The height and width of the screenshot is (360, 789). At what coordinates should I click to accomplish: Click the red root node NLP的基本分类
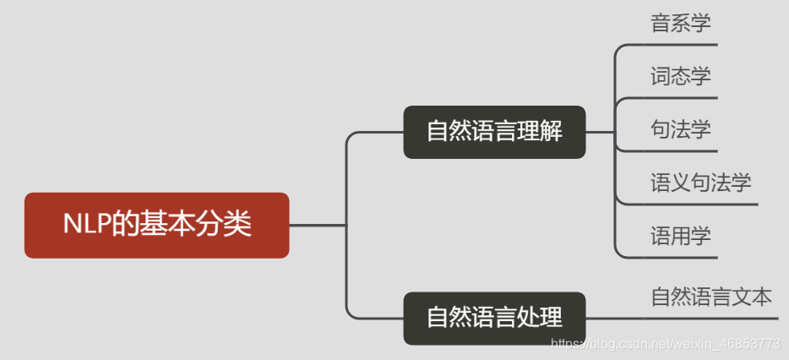click(x=157, y=225)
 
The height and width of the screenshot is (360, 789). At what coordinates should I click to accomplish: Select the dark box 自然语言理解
click(x=494, y=132)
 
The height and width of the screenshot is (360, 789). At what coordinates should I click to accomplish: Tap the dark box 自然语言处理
click(x=494, y=318)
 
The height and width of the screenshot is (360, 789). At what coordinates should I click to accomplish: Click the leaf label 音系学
click(x=681, y=23)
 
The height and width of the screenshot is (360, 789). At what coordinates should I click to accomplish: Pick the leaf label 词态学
click(x=681, y=75)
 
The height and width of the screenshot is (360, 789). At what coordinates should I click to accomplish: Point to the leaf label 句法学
click(x=681, y=128)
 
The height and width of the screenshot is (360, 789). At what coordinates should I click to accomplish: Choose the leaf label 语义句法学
click(x=701, y=182)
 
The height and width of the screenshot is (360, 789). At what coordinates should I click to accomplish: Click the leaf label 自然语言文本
click(x=711, y=297)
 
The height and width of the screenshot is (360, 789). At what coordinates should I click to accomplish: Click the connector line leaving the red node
click(x=317, y=226)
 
